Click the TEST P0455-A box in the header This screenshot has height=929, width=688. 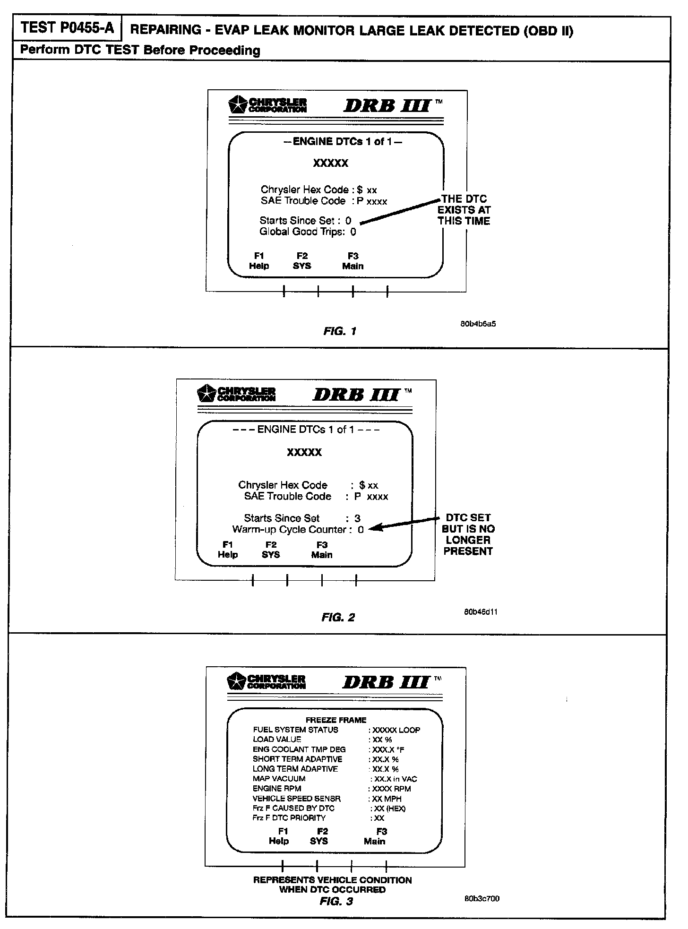[x=68, y=28]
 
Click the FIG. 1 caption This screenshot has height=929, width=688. [x=340, y=331]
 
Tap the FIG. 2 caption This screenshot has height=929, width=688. [x=338, y=617]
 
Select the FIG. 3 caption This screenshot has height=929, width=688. [x=336, y=901]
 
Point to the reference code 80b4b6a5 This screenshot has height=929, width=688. [x=478, y=324]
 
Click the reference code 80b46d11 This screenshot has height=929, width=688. [x=480, y=612]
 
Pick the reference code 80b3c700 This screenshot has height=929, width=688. [x=482, y=898]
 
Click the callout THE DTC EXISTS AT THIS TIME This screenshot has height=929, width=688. [x=464, y=210]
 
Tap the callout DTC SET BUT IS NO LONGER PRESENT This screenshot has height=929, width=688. [x=468, y=534]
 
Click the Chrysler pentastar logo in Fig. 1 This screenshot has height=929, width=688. [x=237, y=105]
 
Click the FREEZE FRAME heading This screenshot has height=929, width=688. [x=336, y=720]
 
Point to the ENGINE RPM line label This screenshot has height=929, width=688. [x=277, y=788]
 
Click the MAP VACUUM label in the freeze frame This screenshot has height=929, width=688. [x=279, y=778]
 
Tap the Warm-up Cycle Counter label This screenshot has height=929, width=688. [x=289, y=530]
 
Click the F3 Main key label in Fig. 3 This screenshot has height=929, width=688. [x=375, y=836]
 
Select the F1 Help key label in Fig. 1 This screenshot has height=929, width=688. [x=259, y=261]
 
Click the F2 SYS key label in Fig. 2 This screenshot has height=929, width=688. [x=271, y=550]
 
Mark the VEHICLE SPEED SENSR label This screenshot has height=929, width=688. [x=296, y=798]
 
